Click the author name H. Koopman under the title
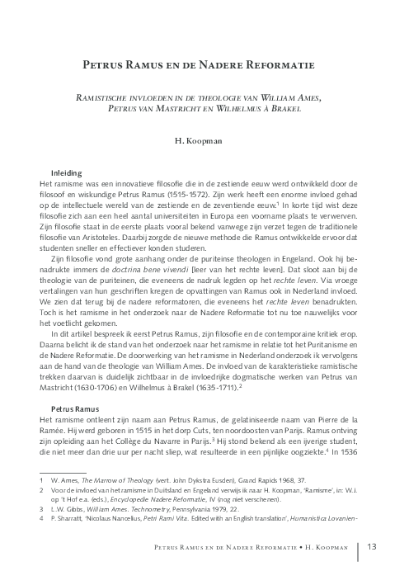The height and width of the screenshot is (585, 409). pos(204,142)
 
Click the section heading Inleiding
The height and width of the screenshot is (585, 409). pos(66,172)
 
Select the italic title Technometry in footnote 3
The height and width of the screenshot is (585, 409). pos(140,510)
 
